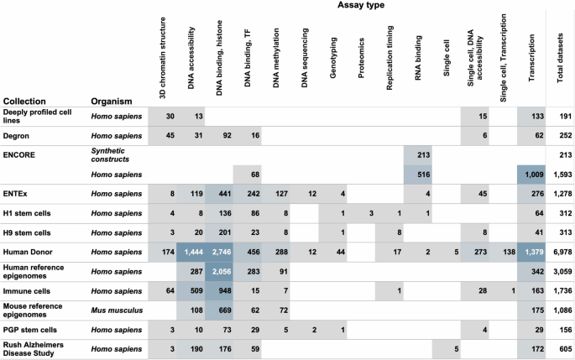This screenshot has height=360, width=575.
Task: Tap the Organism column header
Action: point(111,100)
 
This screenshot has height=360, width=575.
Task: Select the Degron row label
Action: point(18,133)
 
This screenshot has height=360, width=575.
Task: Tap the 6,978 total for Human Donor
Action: point(560,252)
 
